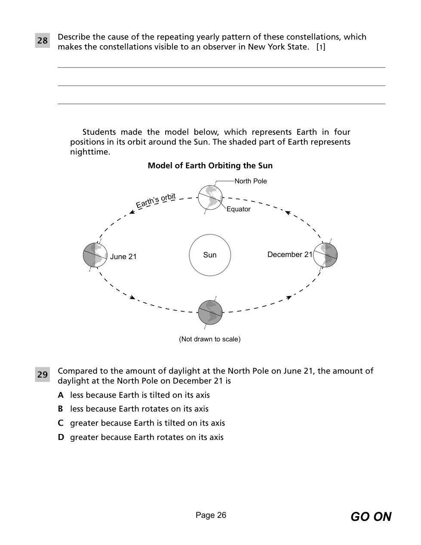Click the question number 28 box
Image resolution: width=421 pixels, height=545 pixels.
pos(42,40)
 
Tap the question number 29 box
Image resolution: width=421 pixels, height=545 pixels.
pos(42,375)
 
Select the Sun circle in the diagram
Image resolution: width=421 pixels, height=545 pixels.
pos(210,255)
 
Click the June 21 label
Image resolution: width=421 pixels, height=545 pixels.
pos(123,257)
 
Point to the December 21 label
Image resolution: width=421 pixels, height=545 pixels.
pos(290,254)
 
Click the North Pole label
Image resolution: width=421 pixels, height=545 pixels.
pos(250,181)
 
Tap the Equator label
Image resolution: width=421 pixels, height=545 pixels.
pos(238,209)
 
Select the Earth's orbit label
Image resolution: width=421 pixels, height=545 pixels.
pos(156,200)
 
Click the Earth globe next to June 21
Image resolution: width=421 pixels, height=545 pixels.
pos(95,255)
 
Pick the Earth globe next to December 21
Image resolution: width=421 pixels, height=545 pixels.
pos(325,255)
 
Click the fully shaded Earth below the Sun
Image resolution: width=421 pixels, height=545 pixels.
pos(210,313)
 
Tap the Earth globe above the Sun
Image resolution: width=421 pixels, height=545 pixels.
pos(210,198)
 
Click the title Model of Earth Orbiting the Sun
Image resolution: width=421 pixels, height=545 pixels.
pos(210,166)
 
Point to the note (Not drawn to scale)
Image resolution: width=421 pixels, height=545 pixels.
pos(210,339)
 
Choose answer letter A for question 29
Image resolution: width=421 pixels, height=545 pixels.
pos(61,395)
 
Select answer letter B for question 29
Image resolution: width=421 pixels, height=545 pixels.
pos(61,409)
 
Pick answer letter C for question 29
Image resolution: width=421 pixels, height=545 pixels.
pos(61,423)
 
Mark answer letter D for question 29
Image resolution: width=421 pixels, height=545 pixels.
pos(61,437)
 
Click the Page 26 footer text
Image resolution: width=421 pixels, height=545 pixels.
pos(211,515)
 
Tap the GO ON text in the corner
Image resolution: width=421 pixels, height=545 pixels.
pos(371,517)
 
